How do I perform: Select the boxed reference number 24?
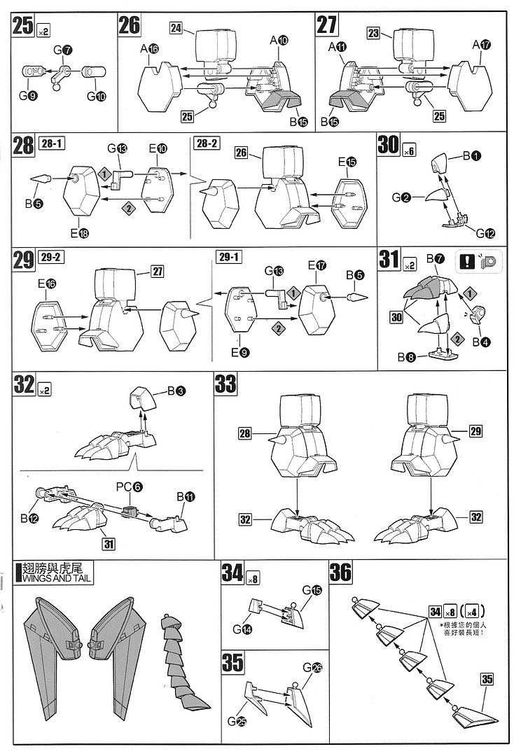point(176,27)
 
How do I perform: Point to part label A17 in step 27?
point(481,45)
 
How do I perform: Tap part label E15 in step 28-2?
point(346,162)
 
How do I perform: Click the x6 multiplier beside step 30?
point(410,149)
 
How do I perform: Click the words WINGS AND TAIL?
point(48,578)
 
